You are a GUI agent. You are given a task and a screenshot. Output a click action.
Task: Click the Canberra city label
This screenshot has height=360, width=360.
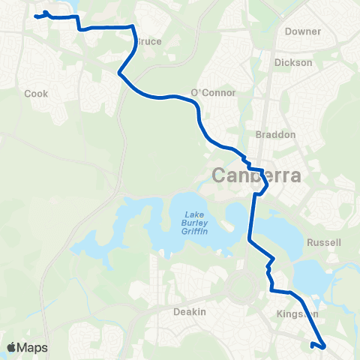click(x=257, y=176)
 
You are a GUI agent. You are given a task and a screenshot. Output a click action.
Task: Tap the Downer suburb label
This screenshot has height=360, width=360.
click(x=303, y=31)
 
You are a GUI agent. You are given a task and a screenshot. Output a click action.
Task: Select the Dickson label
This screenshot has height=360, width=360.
click(x=293, y=62)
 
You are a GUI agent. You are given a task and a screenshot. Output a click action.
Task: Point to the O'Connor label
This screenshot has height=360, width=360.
click(x=213, y=93)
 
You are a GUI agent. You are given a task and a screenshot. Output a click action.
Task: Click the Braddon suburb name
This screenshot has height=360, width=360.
click(x=277, y=134)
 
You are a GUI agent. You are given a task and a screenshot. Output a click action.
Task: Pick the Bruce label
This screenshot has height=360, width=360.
click(x=149, y=43)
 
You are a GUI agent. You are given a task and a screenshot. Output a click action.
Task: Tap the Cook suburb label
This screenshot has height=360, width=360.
click(x=36, y=94)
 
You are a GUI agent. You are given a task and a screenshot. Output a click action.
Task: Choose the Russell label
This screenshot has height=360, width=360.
click(x=324, y=243)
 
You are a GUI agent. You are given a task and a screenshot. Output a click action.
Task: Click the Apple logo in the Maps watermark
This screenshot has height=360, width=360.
click(x=12, y=347)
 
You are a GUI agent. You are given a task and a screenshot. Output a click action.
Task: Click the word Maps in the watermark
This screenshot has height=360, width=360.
click(x=34, y=347)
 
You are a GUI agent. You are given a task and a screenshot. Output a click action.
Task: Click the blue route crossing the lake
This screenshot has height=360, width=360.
click(x=250, y=225)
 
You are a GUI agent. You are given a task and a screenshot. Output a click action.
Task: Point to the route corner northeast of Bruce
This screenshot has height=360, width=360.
click(x=133, y=27)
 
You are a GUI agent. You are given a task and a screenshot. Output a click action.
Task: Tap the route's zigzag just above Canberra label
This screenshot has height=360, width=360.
click(x=246, y=160)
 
